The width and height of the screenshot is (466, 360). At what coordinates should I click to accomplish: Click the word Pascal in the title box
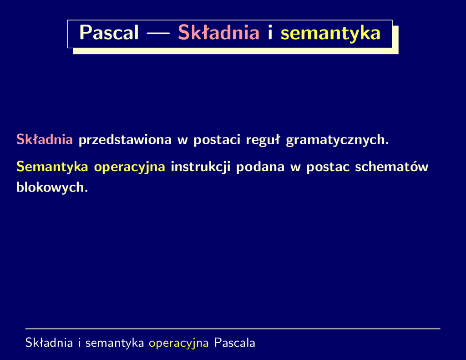click(x=109, y=32)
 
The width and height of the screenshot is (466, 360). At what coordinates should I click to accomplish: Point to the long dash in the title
click(x=158, y=33)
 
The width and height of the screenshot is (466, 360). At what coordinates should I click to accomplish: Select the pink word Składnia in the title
click(x=218, y=32)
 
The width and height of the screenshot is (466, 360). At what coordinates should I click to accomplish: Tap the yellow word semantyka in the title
click(x=330, y=33)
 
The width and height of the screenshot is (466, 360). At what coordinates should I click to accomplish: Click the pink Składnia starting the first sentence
click(x=45, y=139)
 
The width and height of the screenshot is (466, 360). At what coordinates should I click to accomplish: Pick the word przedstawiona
click(x=125, y=140)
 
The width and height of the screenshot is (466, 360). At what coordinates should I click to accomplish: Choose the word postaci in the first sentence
click(x=217, y=140)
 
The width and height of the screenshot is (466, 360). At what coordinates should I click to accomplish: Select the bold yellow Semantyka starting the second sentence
click(x=52, y=167)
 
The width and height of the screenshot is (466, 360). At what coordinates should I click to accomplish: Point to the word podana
click(x=260, y=167)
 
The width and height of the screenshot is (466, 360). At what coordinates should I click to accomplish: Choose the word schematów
click(x=392, y=167)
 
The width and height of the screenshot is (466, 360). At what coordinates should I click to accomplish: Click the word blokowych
click(x=52, y=188)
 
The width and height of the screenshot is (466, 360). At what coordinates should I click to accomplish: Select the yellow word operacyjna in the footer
click(x=178, y=343)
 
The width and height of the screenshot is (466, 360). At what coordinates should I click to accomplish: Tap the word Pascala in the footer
click(x=234, y=343)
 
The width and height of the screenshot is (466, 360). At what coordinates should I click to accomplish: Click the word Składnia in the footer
click(x=49, y=343)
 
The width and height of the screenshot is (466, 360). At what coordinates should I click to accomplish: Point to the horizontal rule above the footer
click(x=233, y=329)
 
